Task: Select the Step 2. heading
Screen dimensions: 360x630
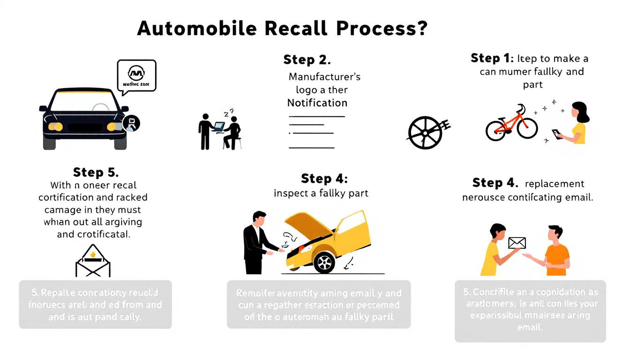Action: click(307, 60)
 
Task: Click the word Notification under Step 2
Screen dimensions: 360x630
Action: click(317, 103)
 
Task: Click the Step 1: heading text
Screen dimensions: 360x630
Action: click(491, 59)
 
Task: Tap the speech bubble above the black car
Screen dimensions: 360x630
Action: click(136, 75)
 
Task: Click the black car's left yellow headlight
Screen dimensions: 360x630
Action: click(55, 126)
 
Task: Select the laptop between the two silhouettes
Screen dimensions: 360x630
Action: click(219, 126)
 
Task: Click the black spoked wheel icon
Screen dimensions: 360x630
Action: click(425, 132)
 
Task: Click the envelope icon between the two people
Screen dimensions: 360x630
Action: click(517, 243)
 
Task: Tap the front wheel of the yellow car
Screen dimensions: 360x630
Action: click(324, 262)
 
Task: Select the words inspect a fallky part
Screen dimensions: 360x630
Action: click(321, 193)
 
